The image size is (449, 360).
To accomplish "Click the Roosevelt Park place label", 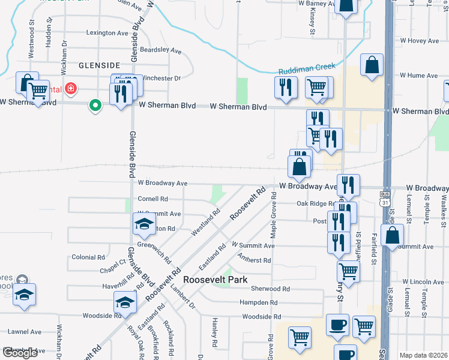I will coord(215,280).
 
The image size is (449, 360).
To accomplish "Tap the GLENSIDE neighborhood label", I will coord(99,64).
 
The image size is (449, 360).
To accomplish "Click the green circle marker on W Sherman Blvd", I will coord(95,106).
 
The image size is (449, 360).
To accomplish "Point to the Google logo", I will coord(20,353).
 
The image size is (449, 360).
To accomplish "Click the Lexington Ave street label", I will coord(108,32).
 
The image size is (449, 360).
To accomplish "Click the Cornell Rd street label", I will coord(152,199).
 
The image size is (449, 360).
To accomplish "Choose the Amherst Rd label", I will coord(254,260).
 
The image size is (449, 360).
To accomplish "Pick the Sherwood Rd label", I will coord(271,289).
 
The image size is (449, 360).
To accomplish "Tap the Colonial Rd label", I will coord(88,257).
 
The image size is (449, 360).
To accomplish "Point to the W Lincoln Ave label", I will coord(423,281).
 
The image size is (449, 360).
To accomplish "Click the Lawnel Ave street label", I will coord(25,331).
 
